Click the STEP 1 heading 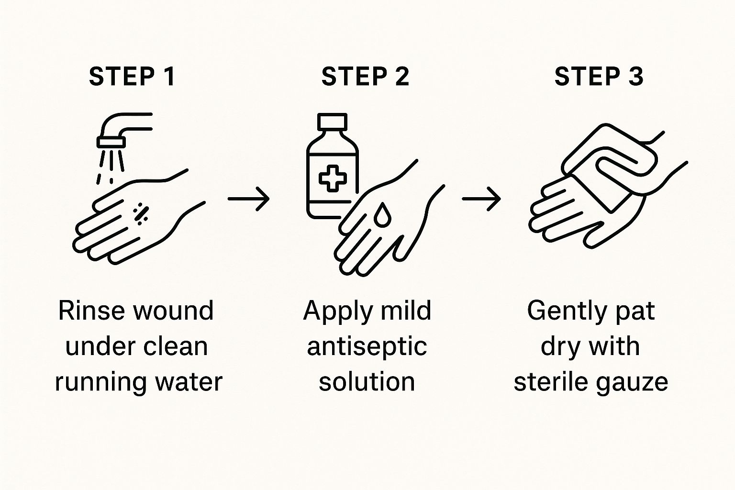[132, 77]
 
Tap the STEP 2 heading [365, 77]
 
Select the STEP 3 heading [599, 77]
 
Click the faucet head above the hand [111, 142]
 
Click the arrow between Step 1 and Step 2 [249, 198]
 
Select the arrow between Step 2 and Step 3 [481, 198]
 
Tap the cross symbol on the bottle [333, 178]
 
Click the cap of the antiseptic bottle [332, 122]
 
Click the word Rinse [91, 311]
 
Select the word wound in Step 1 [173, 311]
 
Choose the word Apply [337, 311]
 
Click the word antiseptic [367, 346]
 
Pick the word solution [367, 382]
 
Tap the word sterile [545, 382]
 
